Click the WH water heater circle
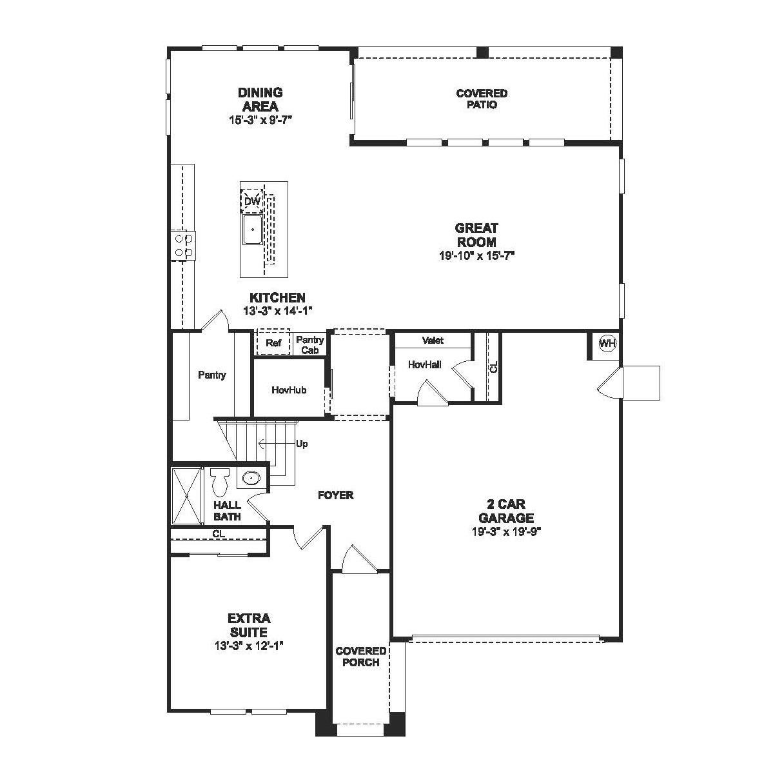[607, 343]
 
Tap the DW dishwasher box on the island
[252, 201]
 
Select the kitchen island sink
[252, 230]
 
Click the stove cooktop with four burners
[183, 245]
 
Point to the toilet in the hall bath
[219, 481]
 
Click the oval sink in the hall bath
[251, 478]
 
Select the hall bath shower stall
[186, 496]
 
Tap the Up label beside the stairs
[301, 444]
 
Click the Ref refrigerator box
[273, 343]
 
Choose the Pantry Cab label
[309, 345]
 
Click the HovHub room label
[288, 390]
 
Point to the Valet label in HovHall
[433, 340]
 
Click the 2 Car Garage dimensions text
[505, 531]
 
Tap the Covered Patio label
[482, 99]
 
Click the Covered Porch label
[360, 657]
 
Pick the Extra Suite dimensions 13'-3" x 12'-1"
[248, 646]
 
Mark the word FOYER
[335, 495]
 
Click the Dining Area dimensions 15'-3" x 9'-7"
[260, 120]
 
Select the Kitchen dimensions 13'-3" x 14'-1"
[277, 311]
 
